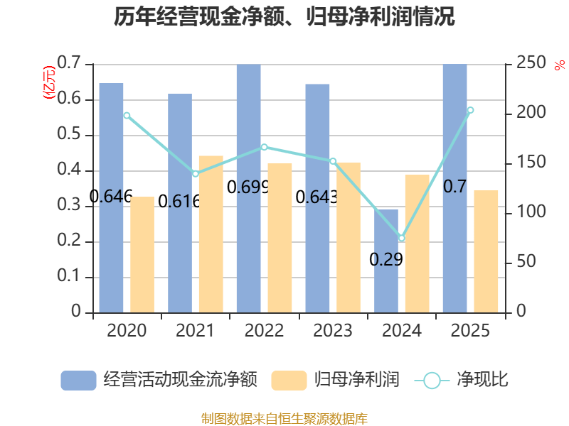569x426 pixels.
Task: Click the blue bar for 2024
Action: click(x=386, y=261)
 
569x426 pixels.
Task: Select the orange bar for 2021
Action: click(x=211, y=234)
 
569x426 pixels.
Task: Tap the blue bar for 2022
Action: click(x=248, y=188)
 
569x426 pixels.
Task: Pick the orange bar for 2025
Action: click(x=486, y=251)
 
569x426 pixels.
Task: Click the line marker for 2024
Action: click(x=401, y=238)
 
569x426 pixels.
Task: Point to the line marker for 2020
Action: click(x=127, y=116)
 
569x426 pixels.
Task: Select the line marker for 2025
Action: click(x=470, y=110)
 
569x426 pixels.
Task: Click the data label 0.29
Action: click(x=386, y=259)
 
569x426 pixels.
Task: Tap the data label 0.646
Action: click(x=111, y=197)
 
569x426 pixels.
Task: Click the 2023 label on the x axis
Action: click(x=333, y=330)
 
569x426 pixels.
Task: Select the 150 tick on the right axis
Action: click(x=531, y=162)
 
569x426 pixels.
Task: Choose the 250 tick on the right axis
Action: click(x=531, y=62)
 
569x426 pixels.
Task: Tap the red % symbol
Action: click(x=560, y=65)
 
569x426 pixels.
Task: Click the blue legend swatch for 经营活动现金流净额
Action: click(x=78, y=381)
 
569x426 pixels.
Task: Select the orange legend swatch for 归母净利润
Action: click(x=289, y=381)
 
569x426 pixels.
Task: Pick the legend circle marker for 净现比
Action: click(x=432, y=381)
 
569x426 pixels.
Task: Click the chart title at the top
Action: click(x=284, y=16)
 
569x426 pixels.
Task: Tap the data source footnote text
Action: click(x=284, y=419)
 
